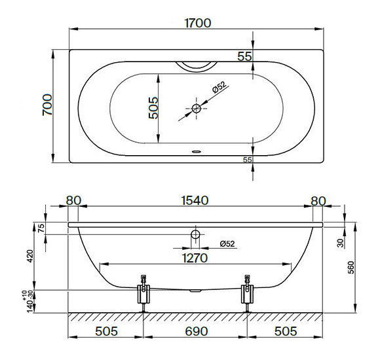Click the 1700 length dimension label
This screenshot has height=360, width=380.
198,24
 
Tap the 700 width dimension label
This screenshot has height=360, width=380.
47,105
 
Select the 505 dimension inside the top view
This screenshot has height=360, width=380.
153,108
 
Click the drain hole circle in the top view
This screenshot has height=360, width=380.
197,109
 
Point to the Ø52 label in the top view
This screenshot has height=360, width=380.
219,87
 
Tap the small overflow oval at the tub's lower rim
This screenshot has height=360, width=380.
197,152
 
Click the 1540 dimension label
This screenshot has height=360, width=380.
195,200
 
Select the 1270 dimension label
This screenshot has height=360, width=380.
195,258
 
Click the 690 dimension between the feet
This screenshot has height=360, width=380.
197,331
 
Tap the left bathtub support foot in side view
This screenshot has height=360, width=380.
143,293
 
